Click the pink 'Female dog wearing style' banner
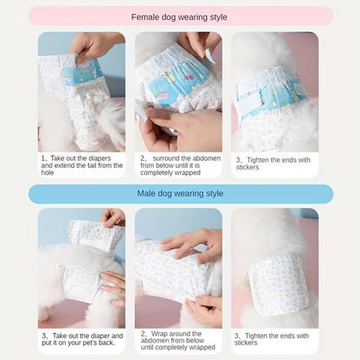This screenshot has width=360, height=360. [x=179, y=16]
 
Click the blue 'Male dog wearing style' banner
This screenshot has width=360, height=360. [x=179, y=193]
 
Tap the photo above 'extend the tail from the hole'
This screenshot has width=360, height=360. [x=82, y=91]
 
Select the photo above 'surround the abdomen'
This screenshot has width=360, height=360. [x=179, y=91]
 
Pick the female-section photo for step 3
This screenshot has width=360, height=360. [x=274, y=91]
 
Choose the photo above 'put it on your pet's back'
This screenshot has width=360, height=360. [x=82, y=267]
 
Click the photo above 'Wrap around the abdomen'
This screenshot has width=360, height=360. [x=179, y=267]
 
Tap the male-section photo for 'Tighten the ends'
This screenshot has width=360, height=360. [x=274, y=267]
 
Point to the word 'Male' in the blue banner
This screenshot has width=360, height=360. [x=150, y=193]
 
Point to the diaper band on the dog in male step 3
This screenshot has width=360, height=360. [x=279, y=282]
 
